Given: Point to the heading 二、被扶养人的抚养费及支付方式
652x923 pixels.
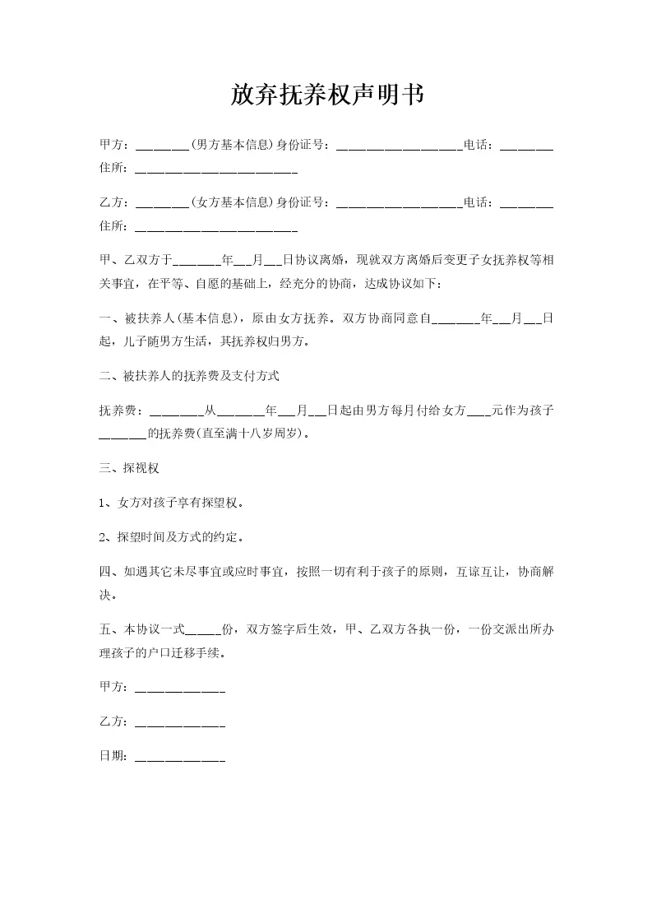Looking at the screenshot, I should pos(189,376).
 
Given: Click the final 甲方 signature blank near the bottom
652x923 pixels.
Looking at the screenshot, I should pos(179,688).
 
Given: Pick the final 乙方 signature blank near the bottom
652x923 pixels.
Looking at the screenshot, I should pos(179,723).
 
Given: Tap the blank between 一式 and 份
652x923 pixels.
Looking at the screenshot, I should pos(203,631).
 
